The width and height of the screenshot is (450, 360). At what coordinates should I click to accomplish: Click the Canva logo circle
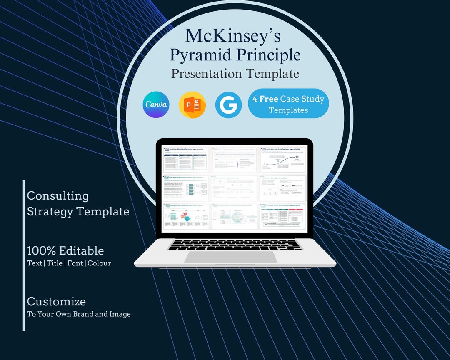(156, 105)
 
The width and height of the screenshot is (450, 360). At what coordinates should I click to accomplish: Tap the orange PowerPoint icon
(192, 105)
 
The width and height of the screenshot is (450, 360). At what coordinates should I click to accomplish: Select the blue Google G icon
(228, 105)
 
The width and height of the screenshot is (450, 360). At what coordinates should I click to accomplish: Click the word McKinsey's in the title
(233, 36)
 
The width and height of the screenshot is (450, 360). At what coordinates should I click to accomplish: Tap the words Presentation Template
(235, 74)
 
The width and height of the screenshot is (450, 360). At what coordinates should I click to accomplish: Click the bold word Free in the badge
(269, 99)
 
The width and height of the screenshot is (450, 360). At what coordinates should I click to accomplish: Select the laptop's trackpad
(230, 257)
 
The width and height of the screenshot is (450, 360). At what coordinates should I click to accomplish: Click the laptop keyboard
(235, 244)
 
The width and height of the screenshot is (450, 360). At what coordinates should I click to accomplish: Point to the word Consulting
(58, 196)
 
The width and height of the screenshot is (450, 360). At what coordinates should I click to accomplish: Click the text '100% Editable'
(65, 250)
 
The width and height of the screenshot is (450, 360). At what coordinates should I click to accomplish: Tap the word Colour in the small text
(99, 263)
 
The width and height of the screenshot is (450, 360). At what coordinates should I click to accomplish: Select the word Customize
(56, 301)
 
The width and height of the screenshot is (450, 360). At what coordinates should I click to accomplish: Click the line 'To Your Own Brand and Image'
(79, 314)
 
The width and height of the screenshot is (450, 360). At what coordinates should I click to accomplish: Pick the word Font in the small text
(75, 263)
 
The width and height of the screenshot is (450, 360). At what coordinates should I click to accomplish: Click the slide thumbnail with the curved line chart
(283, 159)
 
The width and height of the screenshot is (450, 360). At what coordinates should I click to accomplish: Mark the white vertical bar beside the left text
(24, 255)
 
